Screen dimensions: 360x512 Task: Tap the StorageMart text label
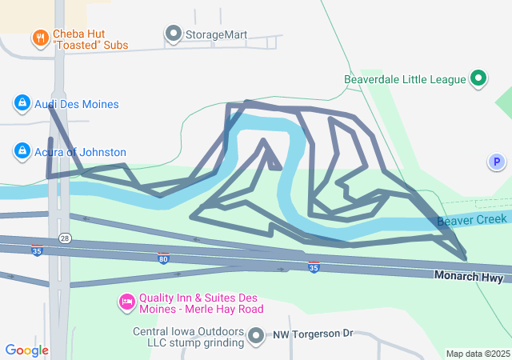216,34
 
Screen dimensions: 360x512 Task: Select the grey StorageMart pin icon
174,34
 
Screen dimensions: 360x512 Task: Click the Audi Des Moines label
76,104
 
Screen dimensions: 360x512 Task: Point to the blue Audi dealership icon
22,103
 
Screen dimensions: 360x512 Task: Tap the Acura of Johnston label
80,152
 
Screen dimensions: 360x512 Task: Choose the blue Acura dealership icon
22,150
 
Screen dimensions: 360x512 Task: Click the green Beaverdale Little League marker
478,78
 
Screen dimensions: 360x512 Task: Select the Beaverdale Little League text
404,79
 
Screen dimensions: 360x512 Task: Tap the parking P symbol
497,162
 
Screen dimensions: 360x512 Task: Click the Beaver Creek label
472,219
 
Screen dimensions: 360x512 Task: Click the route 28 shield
65,239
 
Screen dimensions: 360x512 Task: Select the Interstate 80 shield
163,258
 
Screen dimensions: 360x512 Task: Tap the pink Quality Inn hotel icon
126,302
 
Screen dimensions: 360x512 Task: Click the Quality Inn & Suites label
201,302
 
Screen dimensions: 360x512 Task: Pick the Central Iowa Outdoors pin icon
256,336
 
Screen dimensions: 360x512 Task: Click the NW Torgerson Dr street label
313,334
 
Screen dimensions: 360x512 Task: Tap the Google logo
26,350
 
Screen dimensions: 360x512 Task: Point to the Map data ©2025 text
478,354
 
